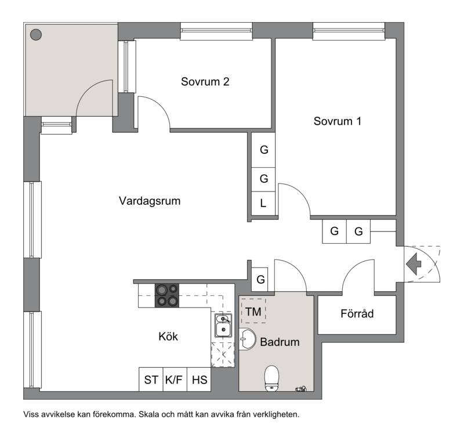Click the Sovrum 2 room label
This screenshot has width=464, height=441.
coord(205,82)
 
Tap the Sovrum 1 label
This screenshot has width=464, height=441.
coord(338,121)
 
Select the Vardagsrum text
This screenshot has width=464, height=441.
coord(150,201)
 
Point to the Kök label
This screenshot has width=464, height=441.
coord(168,337)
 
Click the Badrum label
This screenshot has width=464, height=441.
coord(280,342)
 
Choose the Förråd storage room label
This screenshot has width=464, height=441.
coord(357,313)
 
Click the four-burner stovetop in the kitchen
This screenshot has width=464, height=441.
coord(167,295)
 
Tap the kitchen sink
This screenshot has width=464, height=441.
coord(223,326)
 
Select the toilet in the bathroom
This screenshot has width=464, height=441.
coord(271,378)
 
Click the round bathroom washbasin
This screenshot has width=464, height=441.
coord(248,339)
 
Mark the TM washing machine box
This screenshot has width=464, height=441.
coord(253,311)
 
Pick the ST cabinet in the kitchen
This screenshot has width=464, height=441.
coord(151,379)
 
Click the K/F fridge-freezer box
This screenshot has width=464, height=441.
coord(175,379)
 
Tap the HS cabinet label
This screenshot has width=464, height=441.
coord(199,379)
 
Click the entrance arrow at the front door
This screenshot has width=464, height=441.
coord(414,264)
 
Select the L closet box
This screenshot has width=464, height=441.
coord(263,203)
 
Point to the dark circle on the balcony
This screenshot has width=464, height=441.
coord(36,35)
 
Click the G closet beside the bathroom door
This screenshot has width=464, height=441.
coord(260,279)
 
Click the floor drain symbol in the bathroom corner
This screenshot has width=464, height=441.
coord(301,389)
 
